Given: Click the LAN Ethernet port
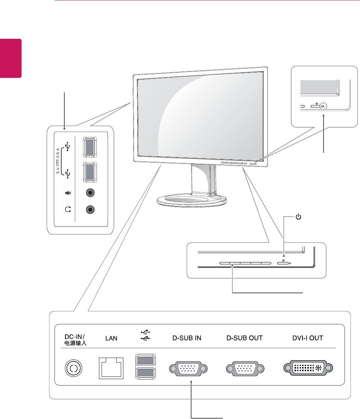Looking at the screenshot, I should pos(111,367).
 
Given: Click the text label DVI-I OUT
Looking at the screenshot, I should pos(308,338).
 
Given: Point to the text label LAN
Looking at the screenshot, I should pos(111,338).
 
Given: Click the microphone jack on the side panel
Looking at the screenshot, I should pos(90,192).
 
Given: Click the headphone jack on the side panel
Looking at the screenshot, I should pos(90,209).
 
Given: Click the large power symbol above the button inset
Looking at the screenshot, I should pos(298,217).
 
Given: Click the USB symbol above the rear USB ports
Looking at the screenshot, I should pos(145,335).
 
